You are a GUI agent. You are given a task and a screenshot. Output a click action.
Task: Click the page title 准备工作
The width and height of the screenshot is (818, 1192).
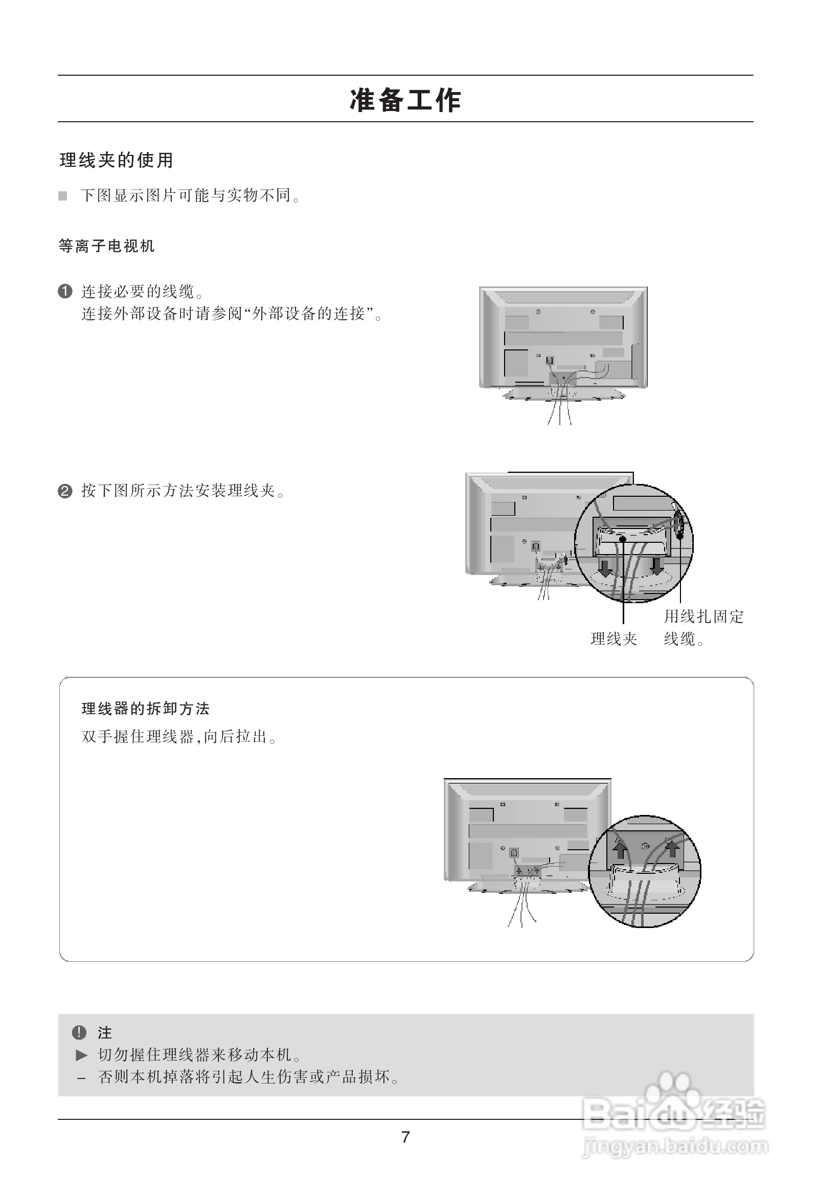click(405, 101)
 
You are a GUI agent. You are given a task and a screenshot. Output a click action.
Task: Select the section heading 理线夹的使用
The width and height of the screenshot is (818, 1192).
click(117, 161)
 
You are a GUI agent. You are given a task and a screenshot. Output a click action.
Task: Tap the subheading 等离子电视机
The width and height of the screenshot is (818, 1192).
click(107, 246)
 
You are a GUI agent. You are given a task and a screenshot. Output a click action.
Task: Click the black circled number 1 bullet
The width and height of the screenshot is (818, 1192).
click(65, 292)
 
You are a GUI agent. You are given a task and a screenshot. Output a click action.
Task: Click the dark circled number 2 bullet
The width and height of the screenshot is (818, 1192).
click(65, 491)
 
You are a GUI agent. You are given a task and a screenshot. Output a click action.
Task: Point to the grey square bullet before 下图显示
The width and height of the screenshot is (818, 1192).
click(62, 196)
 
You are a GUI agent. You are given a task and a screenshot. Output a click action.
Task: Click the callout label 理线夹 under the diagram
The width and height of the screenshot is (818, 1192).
click(613, 639)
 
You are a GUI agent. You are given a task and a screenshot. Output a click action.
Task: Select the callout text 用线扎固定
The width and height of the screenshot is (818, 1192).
click(703, 616)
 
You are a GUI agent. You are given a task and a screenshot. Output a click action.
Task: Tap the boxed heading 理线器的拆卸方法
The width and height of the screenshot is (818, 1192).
click(146, 709)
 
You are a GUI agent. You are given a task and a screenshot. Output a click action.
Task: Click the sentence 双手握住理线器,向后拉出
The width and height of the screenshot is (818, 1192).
click(179, 737)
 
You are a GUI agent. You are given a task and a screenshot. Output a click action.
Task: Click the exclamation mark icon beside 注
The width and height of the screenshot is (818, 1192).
click(79, 1032)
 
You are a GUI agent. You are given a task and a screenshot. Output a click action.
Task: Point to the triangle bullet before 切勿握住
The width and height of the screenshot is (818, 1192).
click(81, 1055)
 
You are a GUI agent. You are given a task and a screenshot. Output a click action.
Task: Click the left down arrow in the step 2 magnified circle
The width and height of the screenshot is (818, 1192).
click(606, 567)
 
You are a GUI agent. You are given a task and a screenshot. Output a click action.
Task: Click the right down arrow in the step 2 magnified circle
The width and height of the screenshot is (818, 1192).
click(657, 566)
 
